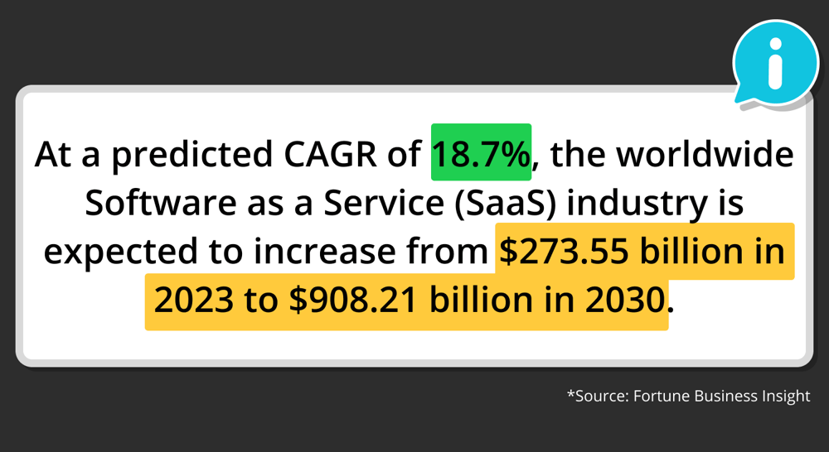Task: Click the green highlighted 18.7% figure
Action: click(481, 155)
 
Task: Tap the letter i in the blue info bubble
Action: click(775, 62)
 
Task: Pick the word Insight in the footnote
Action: click(785, 396)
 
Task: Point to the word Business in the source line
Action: click(727, 396)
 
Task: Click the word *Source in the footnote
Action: click(597, 396)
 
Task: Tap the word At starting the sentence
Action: click(51, 155)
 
